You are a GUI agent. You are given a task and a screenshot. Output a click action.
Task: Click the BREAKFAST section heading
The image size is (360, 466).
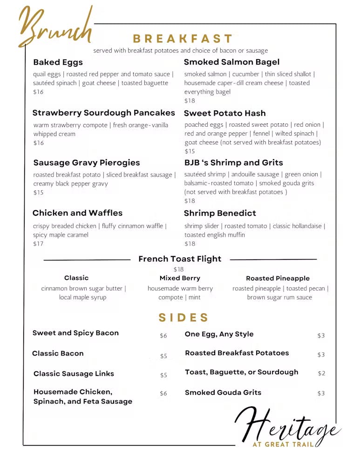pos(183,39)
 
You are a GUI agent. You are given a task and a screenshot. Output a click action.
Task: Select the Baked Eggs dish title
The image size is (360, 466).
pos(58,62)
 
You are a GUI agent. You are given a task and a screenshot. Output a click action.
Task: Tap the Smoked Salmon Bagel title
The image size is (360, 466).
pos(231,62)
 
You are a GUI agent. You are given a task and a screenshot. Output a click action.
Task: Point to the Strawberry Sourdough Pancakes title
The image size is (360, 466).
pos(103,113)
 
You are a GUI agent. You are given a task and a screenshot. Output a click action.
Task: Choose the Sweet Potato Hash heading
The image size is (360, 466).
pos(224,113)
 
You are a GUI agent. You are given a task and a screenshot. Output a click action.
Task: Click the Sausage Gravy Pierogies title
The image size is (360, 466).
pos(87,163)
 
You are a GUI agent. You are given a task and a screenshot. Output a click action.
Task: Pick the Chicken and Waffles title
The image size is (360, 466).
pos(77,213)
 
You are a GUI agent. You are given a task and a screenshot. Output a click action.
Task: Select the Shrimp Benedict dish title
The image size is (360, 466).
pos(220,213)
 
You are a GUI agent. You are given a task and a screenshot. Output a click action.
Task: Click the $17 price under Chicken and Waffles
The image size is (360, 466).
pos(38,244)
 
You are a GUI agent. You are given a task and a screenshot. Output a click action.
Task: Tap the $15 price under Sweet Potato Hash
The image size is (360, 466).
pos(190,151)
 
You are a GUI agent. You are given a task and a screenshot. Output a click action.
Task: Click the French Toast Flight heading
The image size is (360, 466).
pos(180,259)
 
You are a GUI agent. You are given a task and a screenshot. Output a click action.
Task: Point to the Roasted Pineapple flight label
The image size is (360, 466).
pos(278,278)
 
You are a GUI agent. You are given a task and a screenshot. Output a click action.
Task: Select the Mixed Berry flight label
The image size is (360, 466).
pos(180,278)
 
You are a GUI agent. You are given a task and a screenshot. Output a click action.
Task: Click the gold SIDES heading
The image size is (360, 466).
pos(183,318)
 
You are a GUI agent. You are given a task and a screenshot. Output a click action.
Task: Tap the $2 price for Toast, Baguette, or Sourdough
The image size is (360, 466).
pos(321,373)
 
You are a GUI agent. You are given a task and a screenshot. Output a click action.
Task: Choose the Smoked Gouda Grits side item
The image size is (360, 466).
pos(223,392)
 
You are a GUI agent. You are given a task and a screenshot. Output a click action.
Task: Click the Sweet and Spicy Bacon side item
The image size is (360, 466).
pos(75,333)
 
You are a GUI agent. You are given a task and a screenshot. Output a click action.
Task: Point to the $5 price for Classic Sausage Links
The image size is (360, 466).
pos(163,375)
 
